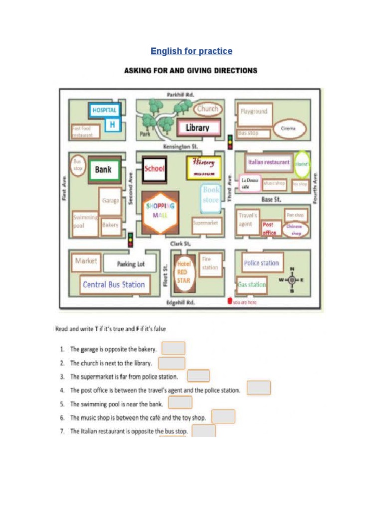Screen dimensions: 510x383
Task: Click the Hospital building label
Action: (104, 110)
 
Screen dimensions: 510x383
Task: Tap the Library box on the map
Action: (197, 127)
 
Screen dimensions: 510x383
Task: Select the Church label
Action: (207, 109)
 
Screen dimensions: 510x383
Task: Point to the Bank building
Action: (103, 169)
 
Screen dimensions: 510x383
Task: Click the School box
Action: (154, 168)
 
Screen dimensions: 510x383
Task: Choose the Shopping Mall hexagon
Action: (161, 211)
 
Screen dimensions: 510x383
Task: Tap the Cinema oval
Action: (288, 128)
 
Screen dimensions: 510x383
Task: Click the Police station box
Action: (261, 263)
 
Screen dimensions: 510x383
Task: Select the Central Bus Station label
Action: (114, 285)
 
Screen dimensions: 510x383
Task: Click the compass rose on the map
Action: (292, 280)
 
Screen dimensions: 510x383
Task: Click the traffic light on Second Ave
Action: (131, 240)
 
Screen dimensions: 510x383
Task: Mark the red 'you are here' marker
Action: (229, 301)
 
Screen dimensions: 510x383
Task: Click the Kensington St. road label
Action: (181, 147)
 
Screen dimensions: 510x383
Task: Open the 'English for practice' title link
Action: (191, 51)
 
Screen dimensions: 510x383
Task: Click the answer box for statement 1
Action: (174, 348)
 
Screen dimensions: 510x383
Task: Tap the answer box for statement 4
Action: (259, 388)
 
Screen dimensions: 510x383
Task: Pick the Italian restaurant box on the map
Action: (269, 162)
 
